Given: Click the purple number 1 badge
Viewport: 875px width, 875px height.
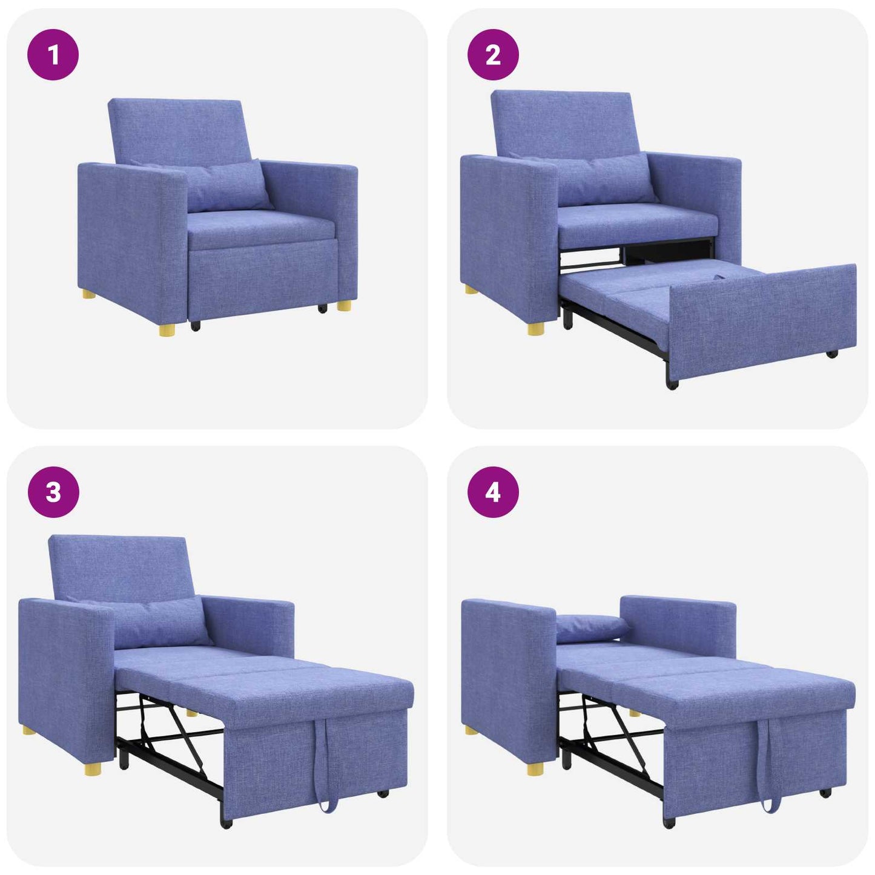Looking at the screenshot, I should point(53,55).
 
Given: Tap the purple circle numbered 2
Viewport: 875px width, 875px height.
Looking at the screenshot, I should point(493,55).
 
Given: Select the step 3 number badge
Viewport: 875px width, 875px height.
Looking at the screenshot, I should point(53,492).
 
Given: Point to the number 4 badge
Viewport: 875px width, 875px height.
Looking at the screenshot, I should point(493,492).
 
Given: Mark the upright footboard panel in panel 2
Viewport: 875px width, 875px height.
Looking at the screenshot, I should point(763,318).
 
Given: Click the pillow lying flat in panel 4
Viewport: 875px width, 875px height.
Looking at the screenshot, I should point(590,629).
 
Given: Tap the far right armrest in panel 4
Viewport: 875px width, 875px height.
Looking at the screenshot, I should point(678,627).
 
